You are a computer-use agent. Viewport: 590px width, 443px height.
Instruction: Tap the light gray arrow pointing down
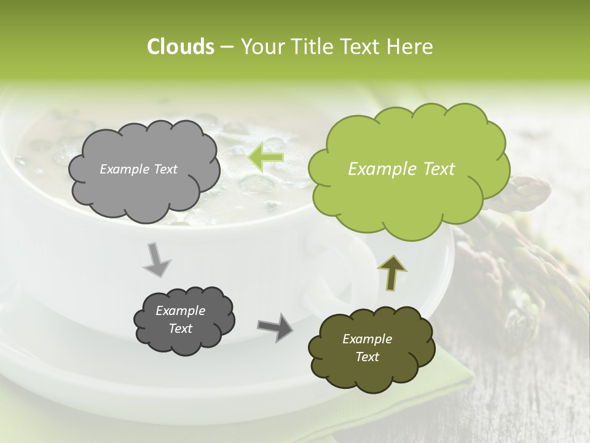coord(157,260)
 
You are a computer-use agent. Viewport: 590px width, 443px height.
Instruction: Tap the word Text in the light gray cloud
coord(165,169)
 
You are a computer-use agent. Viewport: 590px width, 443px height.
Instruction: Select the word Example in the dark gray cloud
coord(180,311)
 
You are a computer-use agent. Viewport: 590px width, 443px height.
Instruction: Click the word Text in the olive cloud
coord(367,357)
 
